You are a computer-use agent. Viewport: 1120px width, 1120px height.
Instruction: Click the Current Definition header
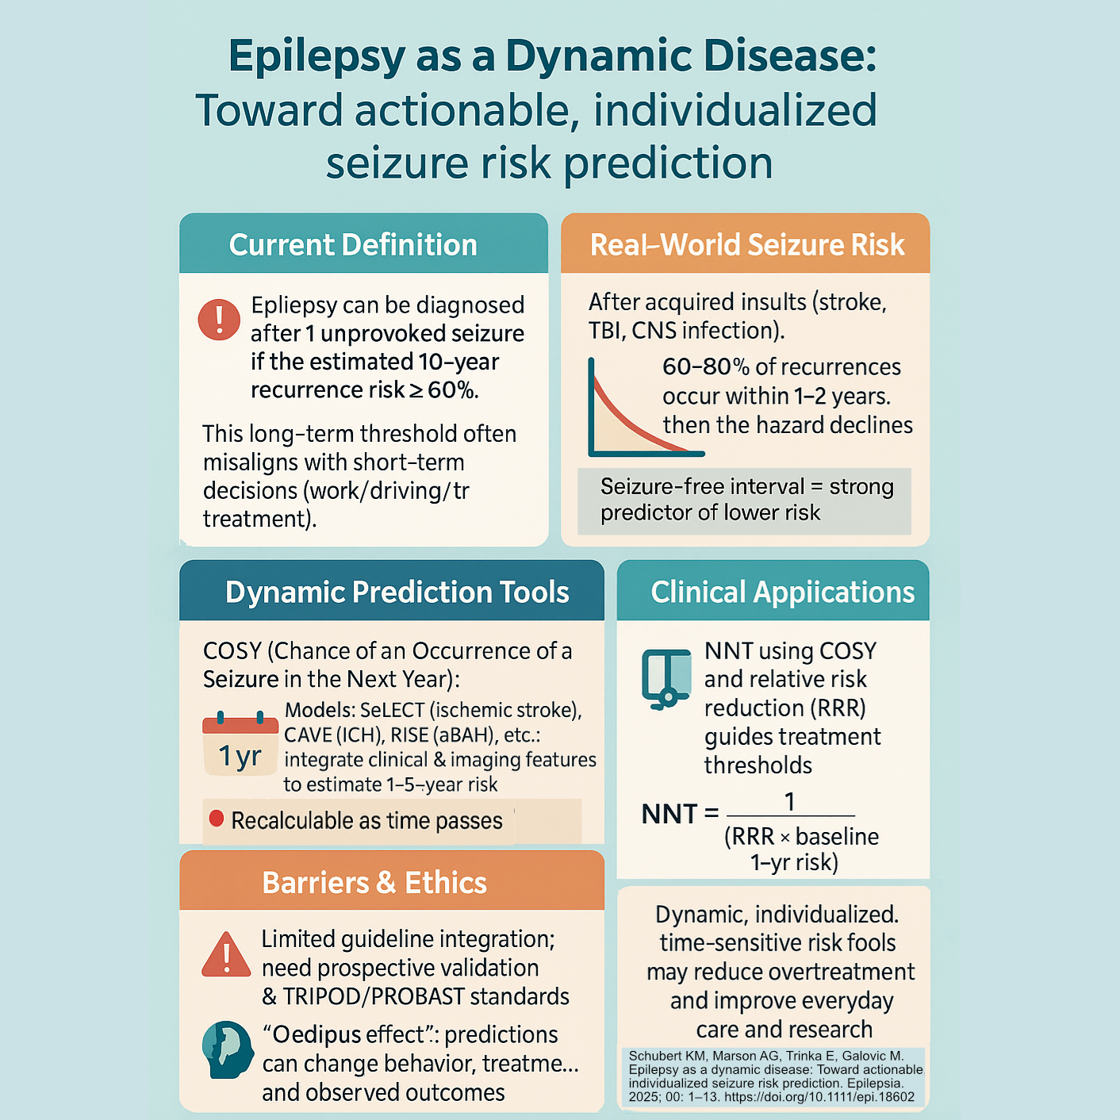point(353,245)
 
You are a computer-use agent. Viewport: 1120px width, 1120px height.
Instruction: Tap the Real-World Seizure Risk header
point(746,245)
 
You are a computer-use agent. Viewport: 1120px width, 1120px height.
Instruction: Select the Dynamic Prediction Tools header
point(397,593)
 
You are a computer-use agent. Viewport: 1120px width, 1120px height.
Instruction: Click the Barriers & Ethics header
point(374,883)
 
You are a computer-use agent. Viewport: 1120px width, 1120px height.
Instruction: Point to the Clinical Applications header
point(782,593)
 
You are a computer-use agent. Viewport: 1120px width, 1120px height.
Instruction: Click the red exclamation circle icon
point(219,320)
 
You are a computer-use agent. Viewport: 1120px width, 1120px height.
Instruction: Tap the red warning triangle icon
point(226,955)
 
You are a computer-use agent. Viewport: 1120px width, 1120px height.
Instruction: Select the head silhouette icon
point(228,1049)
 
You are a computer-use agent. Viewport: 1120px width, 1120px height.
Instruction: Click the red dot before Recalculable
point(216,819)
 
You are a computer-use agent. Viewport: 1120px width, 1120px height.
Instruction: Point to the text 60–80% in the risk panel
point(705,367)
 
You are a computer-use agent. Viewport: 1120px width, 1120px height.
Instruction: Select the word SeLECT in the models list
point(393,710)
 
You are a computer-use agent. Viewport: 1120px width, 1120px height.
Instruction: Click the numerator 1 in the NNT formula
point(789,802)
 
